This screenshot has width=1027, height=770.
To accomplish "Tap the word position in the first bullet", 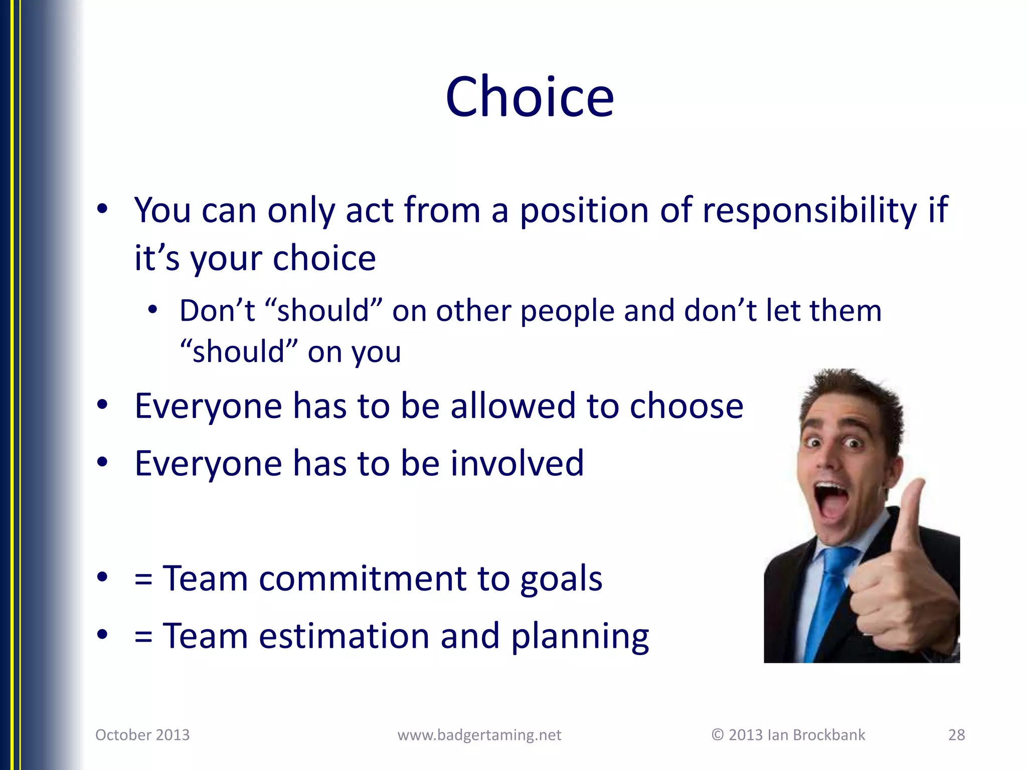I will pyautogui.click(x=584, y=210).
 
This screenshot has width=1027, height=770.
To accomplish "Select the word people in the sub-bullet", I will pyautogui.click(x=567, y=311).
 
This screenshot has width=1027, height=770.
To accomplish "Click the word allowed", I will pyautogui.click(x=512, y=406).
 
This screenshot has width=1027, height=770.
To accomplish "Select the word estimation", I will pyautogui.click(x=344, y=636).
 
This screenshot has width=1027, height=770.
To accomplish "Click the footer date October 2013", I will pyautogui.click(x=142, y=735).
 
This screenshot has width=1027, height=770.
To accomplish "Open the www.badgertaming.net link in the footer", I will pyautogui.click(x=479, y=735).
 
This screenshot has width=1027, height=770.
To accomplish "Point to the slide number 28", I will pyautogui.click(x=956, y=735).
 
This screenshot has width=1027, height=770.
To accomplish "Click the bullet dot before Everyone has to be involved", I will pyautogui.click(x=102, y=463).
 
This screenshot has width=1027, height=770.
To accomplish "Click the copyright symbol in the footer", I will pyautogui.click(x=718, y=735).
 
